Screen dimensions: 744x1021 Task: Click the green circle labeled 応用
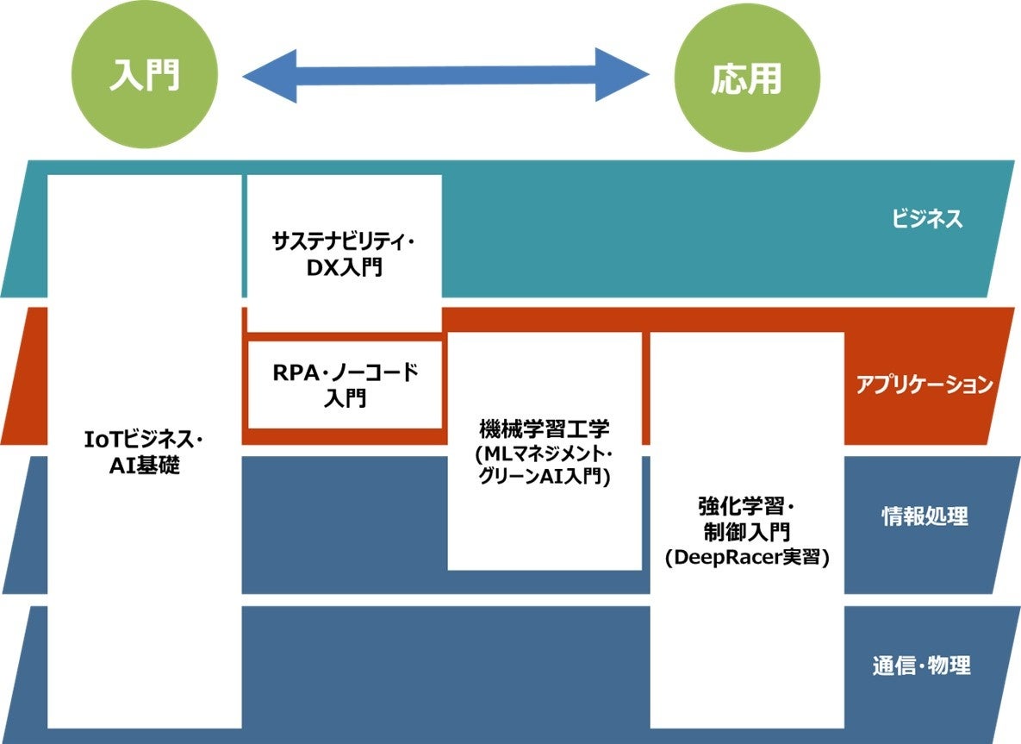pyautogui.click(x=746, y=80)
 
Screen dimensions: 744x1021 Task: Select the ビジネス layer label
pyautogui.click(x=927, y=219)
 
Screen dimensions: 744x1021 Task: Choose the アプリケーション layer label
pyautogui.click(x=925, y=385)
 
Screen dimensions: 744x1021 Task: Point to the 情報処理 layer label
pyautogui.click(x=925, y=516)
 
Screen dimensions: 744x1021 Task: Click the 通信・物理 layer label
pyautogui.click(x=921, y=666)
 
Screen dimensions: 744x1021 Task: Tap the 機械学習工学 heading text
pyautogui.click(x=545, y=428)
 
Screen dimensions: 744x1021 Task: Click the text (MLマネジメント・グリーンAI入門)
pyautogui.click(x=545, y=466)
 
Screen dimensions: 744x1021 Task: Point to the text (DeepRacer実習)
pyautogui.click(x=747, y=558)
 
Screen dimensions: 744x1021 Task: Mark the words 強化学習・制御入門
pyautogui.click(x=747, y=516)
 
